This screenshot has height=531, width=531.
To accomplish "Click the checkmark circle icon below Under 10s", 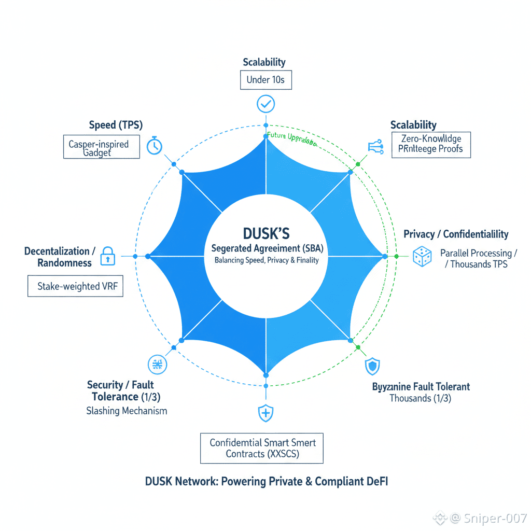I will [265, 104].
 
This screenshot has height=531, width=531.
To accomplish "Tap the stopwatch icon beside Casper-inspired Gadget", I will [155, 146].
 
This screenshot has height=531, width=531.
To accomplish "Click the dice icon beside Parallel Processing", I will [422, 256].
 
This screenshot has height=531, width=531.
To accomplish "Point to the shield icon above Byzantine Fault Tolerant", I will [372, 366].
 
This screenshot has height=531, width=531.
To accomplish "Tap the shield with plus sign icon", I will [265, 413].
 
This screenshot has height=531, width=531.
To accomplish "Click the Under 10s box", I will [265, 80].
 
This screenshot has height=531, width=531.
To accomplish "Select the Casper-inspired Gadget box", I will [101, 147].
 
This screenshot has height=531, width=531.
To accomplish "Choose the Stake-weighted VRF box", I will [75, 286].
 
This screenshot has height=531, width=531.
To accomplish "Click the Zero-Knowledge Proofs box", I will [431, 144].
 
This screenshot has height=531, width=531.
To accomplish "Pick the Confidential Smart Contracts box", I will [262, 448].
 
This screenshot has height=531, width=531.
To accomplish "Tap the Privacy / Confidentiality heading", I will [456, 234].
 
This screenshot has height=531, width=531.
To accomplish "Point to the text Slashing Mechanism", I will [127, 411].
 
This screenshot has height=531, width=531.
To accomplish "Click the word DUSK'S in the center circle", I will [265, 232].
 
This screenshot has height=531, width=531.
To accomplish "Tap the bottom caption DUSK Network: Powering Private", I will [267, 481].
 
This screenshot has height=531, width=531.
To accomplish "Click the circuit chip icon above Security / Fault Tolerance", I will [157, 365].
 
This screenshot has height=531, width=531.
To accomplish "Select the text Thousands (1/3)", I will [420, 398].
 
